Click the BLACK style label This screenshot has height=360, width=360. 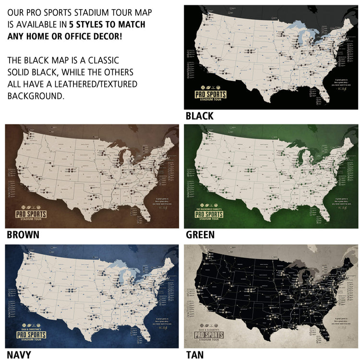(199, 116)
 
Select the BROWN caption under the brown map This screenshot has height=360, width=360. (23, 235)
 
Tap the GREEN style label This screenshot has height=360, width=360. (200, 235)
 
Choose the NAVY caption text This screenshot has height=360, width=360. (19, 355)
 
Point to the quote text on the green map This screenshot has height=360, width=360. (336, 202)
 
